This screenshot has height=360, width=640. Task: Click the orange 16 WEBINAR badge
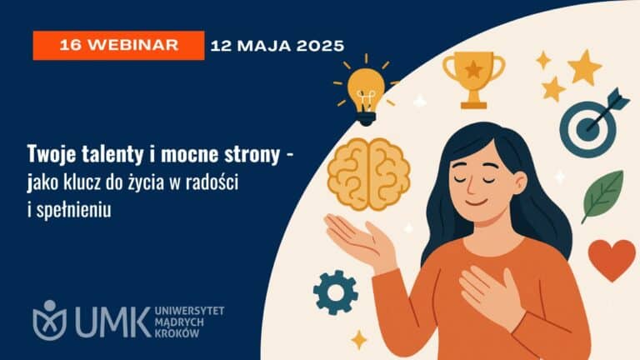click(x=118, y=45)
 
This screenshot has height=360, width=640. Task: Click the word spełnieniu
click(x=74, y=210)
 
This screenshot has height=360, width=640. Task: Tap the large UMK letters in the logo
click(x=112, y=322)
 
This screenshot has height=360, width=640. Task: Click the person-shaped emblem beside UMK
click(x=49, y=320)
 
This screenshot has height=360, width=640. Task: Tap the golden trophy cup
click(x=474, y=80)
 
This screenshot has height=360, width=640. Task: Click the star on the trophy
click(x=473, y=69)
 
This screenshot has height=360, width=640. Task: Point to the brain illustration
click(x=368, y=174)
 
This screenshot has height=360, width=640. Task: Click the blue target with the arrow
click(x=591, y=123)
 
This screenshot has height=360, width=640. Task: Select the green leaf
click(x=602, y=196)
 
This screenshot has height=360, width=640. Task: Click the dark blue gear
click(x=336, y=292)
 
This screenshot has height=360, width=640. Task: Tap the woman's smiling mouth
click(x=477, y=202)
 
